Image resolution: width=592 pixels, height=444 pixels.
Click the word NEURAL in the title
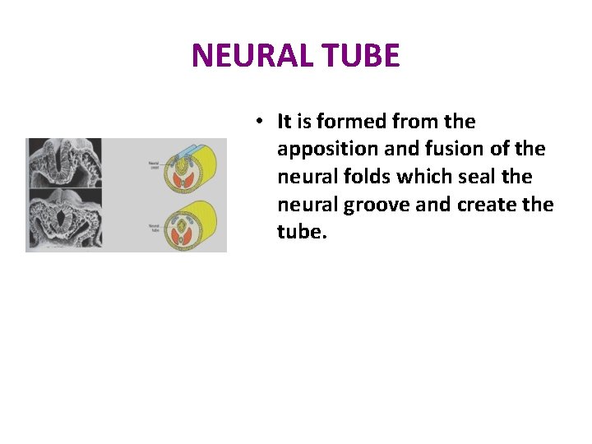247,56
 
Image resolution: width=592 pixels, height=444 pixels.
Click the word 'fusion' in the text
453,150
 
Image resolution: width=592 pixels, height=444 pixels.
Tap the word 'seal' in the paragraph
484,177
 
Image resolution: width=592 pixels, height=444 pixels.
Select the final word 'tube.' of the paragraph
302,232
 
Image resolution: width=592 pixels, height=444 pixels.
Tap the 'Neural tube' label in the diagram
154,227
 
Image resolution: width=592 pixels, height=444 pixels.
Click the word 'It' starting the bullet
284,122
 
